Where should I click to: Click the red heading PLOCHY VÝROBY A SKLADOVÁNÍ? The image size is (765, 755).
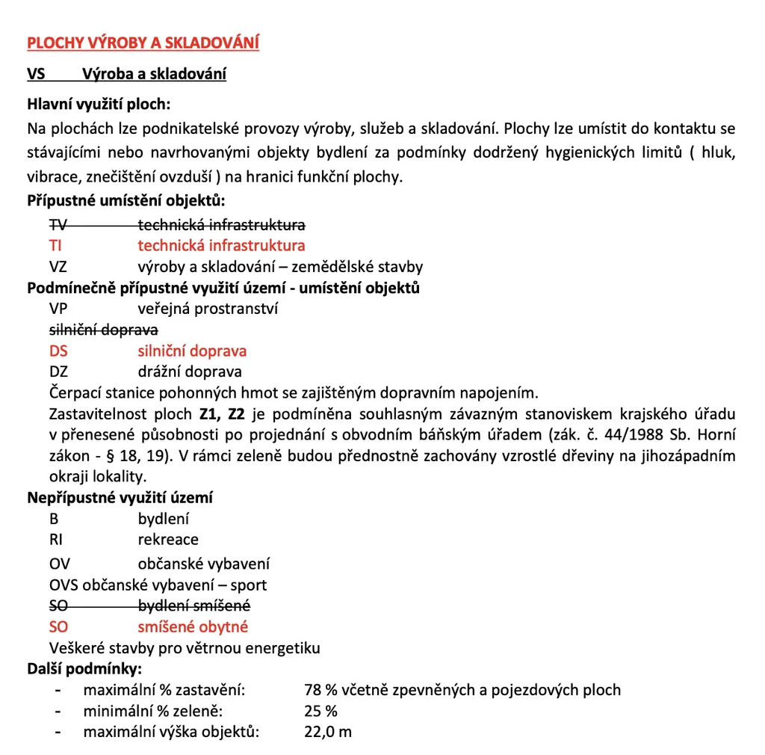143,43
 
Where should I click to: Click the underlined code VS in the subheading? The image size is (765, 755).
37,75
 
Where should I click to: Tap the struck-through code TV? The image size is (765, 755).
58,224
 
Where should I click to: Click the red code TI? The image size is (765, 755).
55,245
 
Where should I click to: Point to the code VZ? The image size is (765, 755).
58,266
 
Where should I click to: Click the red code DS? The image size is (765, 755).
58,351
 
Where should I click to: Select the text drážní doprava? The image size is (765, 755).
190,372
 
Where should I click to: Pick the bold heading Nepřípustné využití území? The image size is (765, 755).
120,497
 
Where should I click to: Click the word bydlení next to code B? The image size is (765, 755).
164,519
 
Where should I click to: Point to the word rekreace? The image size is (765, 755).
168,539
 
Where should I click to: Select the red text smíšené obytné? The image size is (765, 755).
193,627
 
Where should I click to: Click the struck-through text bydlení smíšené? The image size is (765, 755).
194,605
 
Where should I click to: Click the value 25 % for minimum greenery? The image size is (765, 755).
321,711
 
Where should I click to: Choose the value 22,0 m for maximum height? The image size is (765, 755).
327,732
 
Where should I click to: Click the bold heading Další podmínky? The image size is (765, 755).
84,668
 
